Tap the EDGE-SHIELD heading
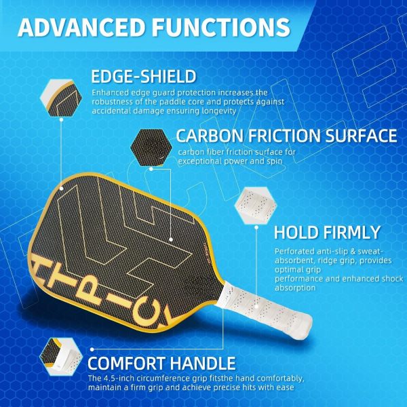144,76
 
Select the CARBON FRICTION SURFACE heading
286,135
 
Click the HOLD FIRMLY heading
327,233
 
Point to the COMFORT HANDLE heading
161,362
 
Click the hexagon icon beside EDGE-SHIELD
61,96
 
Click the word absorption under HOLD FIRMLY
296,288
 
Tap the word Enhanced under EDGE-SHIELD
109,92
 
